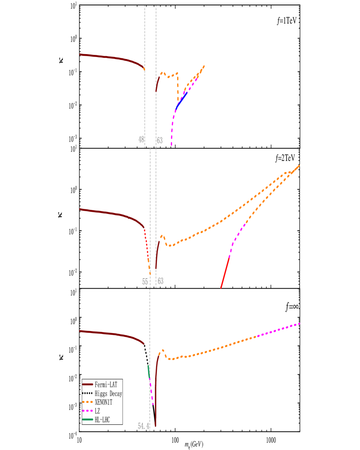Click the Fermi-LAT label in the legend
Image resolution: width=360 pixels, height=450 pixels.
(106, 385)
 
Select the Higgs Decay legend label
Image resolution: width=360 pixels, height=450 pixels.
(108, 394)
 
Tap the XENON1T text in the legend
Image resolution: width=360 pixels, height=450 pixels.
(103, 402)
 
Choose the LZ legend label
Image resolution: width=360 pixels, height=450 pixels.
(97, 411)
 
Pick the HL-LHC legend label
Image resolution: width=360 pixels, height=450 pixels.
(102, 420)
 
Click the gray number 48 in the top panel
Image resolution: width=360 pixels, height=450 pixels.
(141, 140)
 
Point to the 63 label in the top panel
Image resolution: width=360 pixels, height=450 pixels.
(160, 141)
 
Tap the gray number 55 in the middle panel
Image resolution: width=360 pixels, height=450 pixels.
(145, 282)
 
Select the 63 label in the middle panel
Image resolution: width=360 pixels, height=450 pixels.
(161, 281)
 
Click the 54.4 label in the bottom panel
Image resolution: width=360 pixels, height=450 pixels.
(143, 426)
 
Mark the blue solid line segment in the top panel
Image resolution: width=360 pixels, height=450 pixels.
(182, 100)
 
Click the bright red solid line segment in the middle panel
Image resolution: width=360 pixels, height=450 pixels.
(225, 272)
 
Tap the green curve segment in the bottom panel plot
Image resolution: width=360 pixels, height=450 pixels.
(148, 370)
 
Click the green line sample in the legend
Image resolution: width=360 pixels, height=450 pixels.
(88, 420)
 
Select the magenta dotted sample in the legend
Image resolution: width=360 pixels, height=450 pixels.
(88, 411)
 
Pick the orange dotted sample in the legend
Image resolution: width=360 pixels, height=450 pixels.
(88, 402)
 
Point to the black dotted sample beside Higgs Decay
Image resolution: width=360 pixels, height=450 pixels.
(88, 393)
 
